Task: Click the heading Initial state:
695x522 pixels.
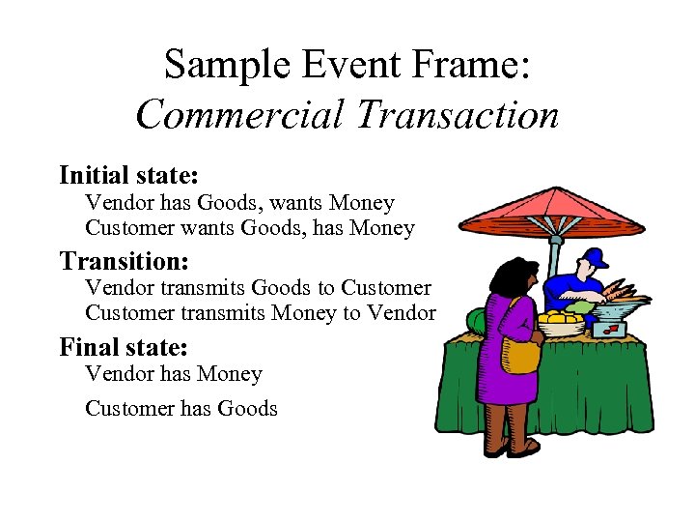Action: click(128, 175)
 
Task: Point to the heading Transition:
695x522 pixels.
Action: click(123, 261)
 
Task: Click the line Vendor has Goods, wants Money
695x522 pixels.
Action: click(239, 203)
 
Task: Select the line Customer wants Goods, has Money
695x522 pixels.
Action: click(249, 228)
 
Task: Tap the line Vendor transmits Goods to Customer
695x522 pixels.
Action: click(258, 288)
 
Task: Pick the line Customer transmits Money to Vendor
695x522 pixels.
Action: click(261, 312)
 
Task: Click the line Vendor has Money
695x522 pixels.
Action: click(173, 373)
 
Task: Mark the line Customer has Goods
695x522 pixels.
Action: click(181, 408)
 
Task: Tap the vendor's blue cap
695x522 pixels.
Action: click(596, 258)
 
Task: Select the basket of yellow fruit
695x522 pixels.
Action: click(560, 322)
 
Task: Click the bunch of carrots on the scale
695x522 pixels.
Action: click(613, 291)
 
